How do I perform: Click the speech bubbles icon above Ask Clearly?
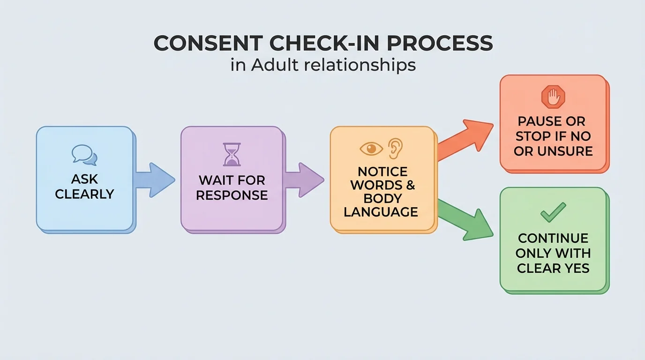click(85, 155)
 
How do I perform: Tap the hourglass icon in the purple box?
click(232, 155)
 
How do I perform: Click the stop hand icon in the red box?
click(553, 97)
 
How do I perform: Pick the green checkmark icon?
click(553, 212)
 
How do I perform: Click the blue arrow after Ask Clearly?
click(155, 180)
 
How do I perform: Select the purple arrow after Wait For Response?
click(304, 180)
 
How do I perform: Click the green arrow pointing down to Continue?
click(466, 219)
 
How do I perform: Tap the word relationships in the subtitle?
click(360, 65)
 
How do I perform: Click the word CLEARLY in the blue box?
click(85, 194)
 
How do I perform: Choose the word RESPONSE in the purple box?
click(232, 195)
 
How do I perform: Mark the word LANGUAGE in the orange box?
click(381, 211)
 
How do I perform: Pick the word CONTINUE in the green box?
click(553, 238)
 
